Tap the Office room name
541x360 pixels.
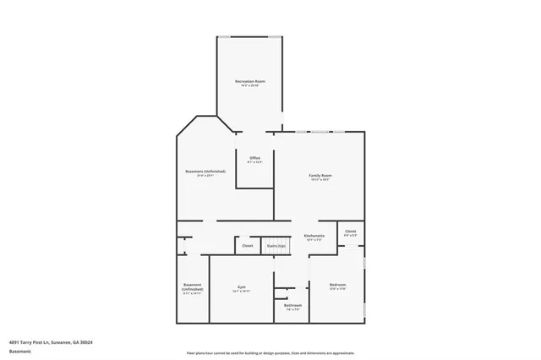(254, 156)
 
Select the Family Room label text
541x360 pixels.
(320, 175)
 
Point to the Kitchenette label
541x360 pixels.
(314, 235)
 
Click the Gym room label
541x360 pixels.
(241, 286)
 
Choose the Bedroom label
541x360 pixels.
(337, 285)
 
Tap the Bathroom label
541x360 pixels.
(292, 305)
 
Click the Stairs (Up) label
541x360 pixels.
(276, 246)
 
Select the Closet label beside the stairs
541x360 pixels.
(248, 246)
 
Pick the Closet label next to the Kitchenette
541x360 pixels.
(350, 231)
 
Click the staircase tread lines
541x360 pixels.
(276, 241)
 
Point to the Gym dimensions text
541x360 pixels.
(241, 291)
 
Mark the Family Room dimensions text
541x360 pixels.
(320, 179)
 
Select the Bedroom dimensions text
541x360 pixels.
(337, 289)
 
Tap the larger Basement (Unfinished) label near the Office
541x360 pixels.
(205, 172)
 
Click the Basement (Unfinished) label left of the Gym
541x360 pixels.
(192, 287)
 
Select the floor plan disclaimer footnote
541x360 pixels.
(270, 352)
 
